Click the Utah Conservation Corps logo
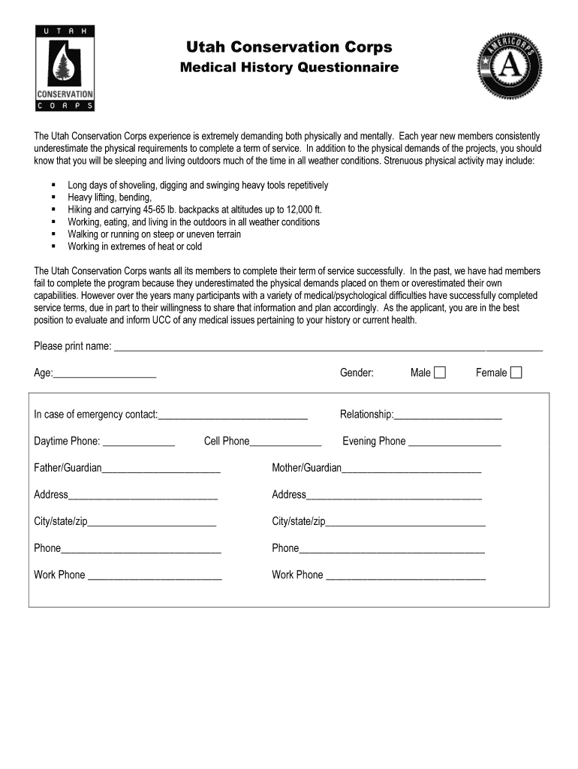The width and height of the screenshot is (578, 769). pos(65,68)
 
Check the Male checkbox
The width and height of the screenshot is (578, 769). pos(440,372)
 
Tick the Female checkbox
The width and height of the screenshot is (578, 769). pos(516,372)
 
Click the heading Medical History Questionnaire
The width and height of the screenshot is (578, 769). pos(289,68)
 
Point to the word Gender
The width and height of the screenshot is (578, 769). pos(357,372)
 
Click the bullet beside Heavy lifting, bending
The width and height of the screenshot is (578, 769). pos(53,198)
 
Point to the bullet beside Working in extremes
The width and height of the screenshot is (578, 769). pos(53,246)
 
